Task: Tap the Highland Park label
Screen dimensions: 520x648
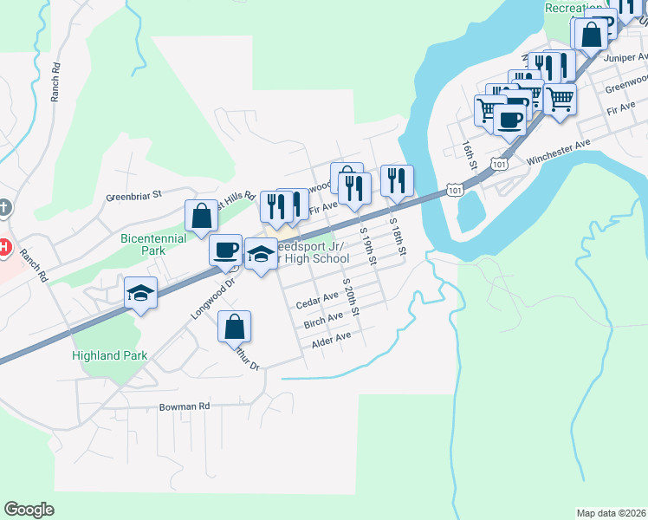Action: [109, 355]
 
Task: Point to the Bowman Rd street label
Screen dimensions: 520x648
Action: [185, 406]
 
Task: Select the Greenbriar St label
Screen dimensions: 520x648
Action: [134, 196]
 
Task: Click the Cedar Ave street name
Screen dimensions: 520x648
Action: [317, 300]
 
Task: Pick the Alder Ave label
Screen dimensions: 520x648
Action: [331, 339]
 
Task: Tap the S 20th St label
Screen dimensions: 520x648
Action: [350, 294]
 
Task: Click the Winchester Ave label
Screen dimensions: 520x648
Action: [558, 151]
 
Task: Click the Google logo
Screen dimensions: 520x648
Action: [29, 510]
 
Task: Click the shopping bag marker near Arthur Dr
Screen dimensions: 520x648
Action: [234, 328]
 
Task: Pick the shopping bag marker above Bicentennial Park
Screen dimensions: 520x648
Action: [201, 217]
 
